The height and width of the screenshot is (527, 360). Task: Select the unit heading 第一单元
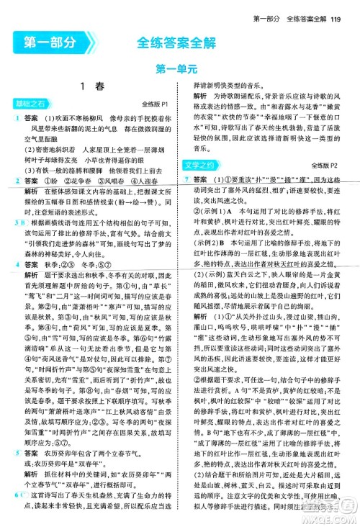179,70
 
